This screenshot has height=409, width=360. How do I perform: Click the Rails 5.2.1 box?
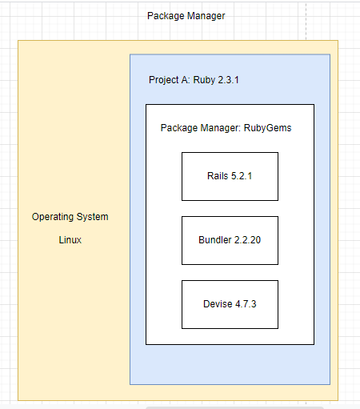tap(230, 176)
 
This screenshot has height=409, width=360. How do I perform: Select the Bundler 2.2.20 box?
tap(230, 240)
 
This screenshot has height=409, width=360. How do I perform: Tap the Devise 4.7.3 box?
tap(230, 304)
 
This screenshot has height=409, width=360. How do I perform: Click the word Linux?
tap(70, 240)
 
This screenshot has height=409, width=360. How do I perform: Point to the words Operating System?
tap(70, 217)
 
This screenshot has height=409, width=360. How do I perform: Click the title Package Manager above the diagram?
tap(186, 16)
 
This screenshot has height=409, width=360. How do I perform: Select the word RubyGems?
tap(267, 128)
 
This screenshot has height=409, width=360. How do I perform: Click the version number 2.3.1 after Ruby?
tap(228, 80)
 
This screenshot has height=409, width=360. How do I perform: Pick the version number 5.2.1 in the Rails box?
tap(242, 176)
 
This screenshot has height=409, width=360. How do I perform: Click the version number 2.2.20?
tap(248, 240)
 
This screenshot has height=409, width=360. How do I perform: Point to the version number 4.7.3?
tap(246, 304)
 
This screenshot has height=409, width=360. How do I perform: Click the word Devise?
tap(218, 304)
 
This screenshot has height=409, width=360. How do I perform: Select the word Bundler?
tap(215, 240)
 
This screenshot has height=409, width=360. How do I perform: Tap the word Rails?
tap(218, 176)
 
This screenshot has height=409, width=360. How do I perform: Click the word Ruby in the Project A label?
tap(204, 80)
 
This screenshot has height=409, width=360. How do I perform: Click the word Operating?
tap(53, 217)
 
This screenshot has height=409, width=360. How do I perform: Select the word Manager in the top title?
tap(206, 16)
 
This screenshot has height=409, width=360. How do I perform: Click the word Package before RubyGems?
tap(179, 128)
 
